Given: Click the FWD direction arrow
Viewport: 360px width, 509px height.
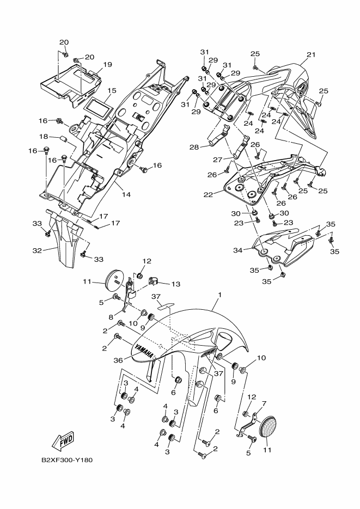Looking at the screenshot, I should pos(63,440).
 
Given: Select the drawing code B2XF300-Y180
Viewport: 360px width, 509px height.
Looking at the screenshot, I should pos(67,459).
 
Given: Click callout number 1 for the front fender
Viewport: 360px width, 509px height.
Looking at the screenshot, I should pos(219,295).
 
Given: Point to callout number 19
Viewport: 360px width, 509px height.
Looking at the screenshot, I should pos(107,64).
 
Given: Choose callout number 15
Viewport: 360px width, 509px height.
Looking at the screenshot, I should pos(112,90).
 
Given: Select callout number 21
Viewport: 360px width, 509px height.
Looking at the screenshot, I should pos(311,54).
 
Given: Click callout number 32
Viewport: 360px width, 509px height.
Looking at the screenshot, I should pos(37,251).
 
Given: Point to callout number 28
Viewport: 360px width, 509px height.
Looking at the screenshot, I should pos(194,147).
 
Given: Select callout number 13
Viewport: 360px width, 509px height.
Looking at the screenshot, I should pos(175,284).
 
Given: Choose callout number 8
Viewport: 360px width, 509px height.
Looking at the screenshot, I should pos(111,316).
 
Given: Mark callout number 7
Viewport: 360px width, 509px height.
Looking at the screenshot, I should pos(264,403).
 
